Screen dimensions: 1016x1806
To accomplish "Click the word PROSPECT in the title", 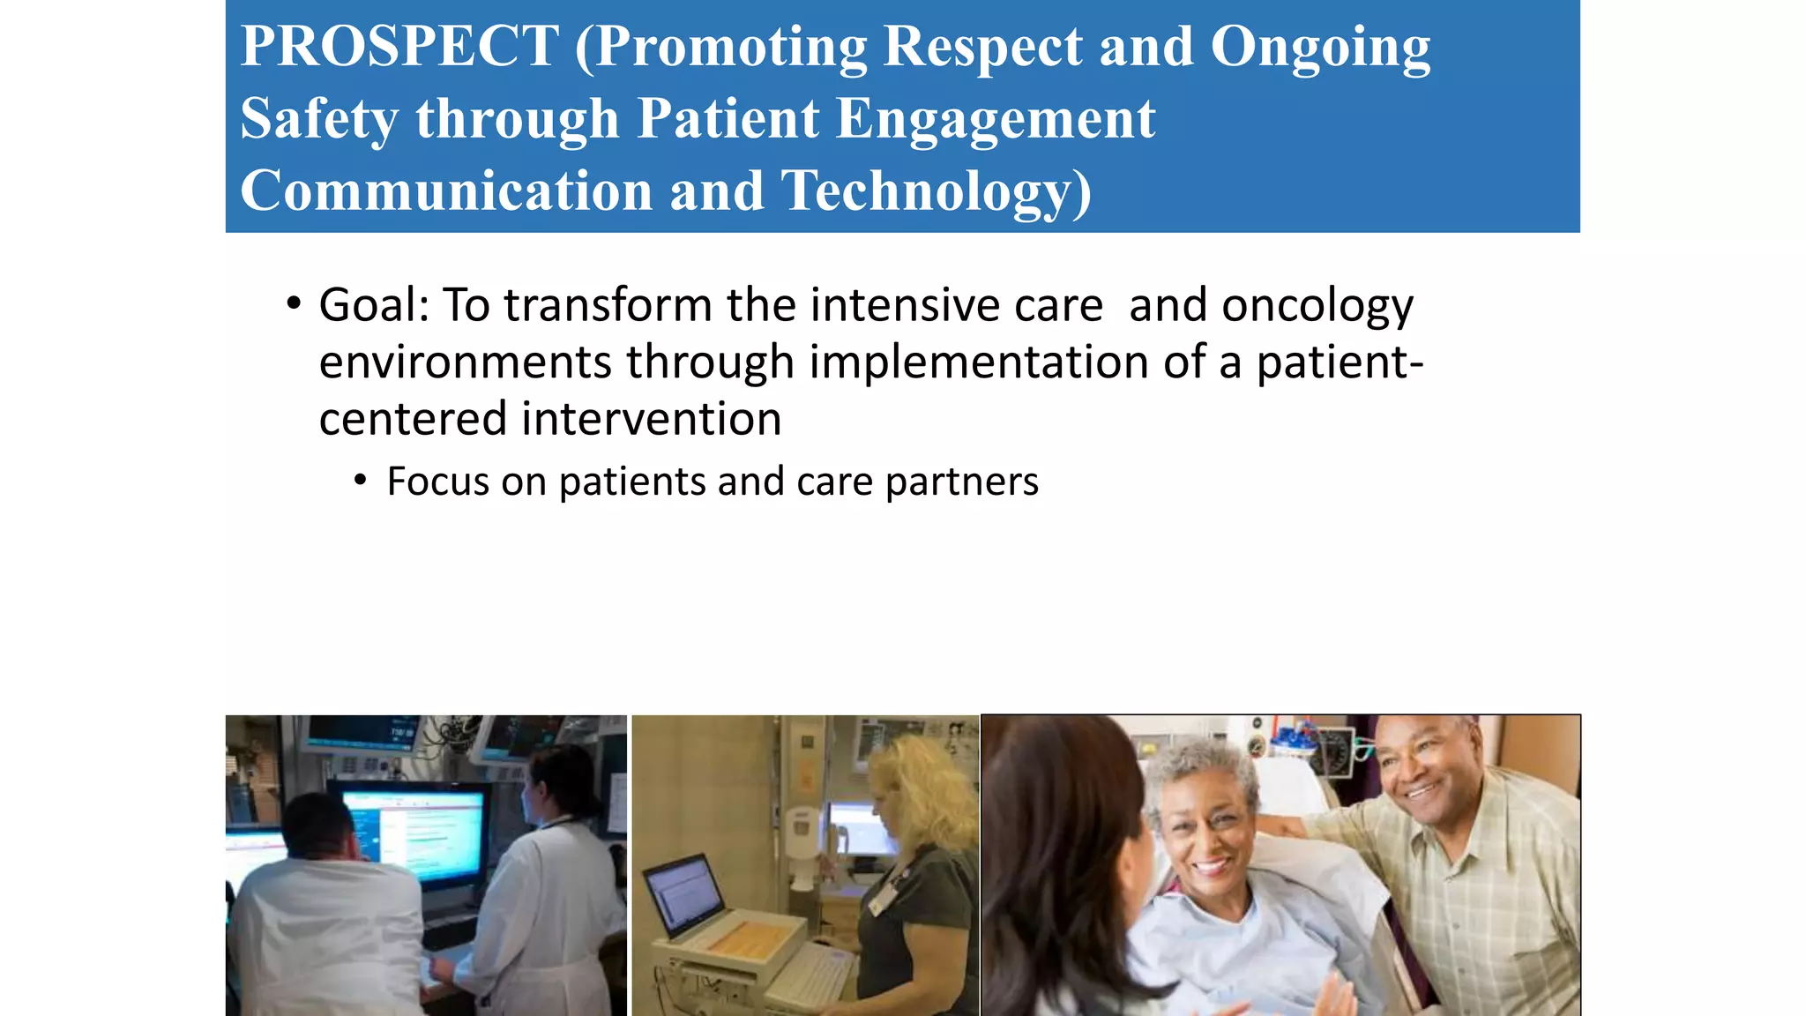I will (x=399, y=47).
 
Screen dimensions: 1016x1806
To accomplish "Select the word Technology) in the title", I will (x=937, y=191).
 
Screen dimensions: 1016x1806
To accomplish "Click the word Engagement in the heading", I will (x=995, y=120).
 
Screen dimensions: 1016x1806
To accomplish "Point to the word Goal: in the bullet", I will (x=374, y=306).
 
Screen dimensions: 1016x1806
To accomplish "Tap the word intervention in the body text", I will (x=651, y=419).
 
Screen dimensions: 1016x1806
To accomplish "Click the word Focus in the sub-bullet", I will (x=437, y=482).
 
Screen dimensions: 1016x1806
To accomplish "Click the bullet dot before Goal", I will (x=294, y=304).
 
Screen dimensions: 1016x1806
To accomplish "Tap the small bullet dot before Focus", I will (x=360, y=481).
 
